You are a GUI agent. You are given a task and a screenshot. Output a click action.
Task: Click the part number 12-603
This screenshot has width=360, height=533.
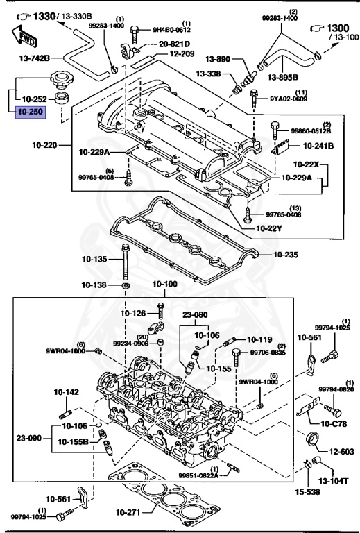pos(341,452)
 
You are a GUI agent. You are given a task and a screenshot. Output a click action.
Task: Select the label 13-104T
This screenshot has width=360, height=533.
pos(334,480)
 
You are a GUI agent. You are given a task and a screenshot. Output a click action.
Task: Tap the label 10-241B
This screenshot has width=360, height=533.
pos(318,146)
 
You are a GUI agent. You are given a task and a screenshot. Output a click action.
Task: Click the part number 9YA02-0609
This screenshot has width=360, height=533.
pos(290,99)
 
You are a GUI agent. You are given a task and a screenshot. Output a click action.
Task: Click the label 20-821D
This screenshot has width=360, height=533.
pos(174,43)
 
